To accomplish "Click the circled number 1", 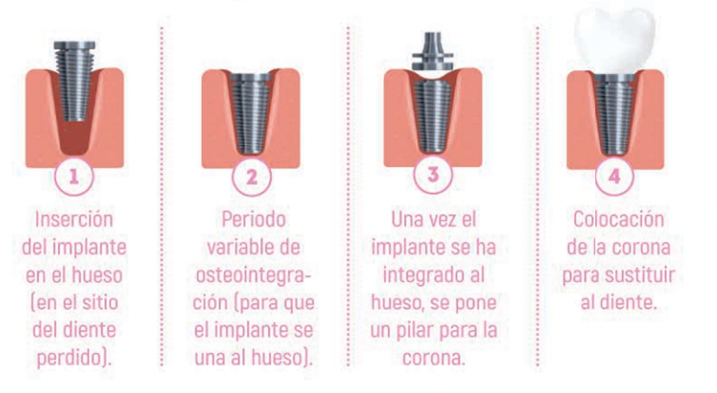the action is point(73,176).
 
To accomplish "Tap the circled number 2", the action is point(251,177).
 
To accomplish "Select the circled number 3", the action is point(432,174).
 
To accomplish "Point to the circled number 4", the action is point(614,176).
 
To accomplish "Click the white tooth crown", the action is point(614,40).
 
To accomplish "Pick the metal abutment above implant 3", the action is point(432,51).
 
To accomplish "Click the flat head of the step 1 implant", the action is point(74,46).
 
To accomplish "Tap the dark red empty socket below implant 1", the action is point(74,137).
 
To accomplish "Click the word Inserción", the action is point(74,219).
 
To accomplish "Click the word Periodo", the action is point(254,219).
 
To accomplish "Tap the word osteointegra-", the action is point(254,275).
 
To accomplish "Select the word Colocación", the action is point(619,219).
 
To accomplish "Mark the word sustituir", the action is point(643,275).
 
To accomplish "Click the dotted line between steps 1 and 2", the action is point(162,197).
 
